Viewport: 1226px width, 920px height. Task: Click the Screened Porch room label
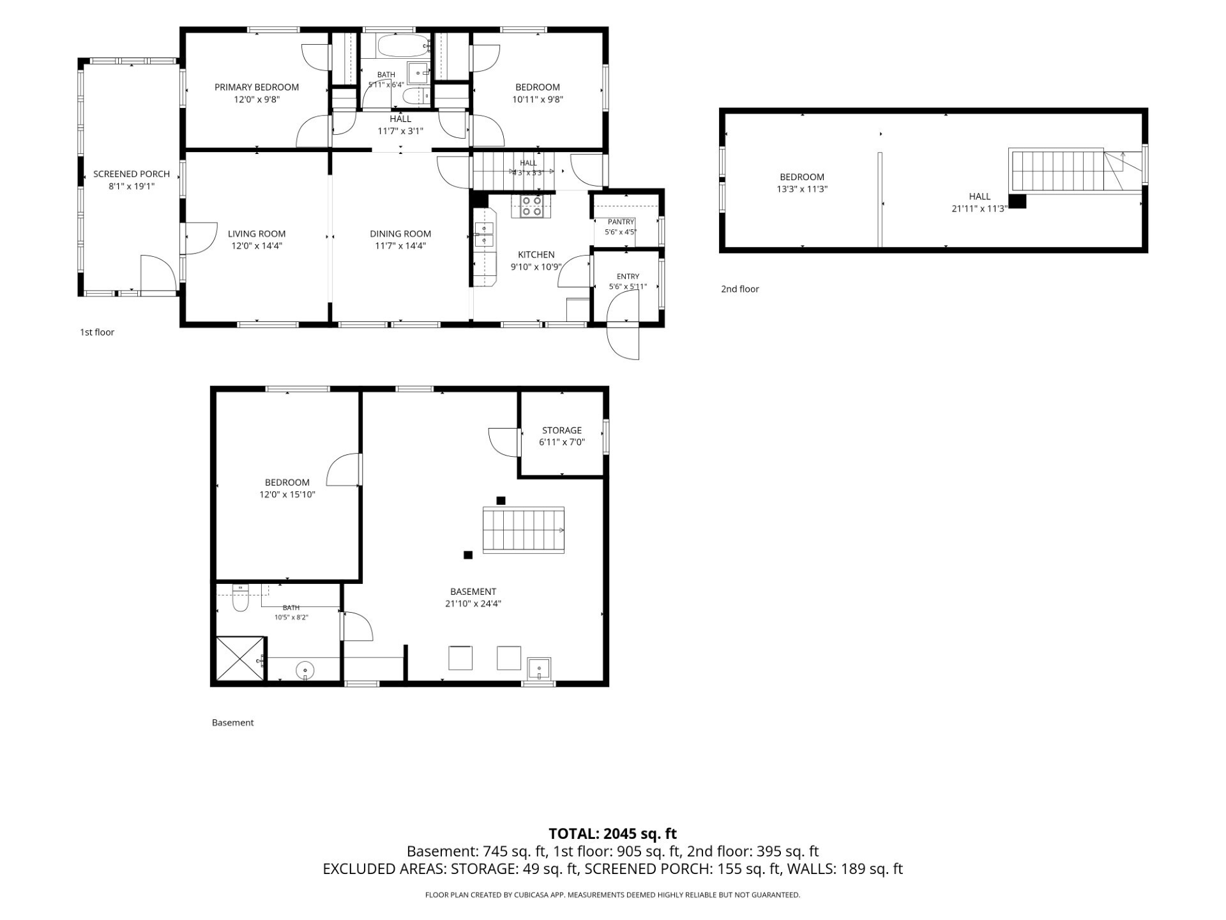click(x=132, y=174)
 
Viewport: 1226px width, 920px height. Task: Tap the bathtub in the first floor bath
click(x=403, y=46)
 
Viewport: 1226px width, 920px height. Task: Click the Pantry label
click(x=621, y=222)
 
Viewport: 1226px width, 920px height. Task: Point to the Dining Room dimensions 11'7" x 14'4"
click(x=400, y=246)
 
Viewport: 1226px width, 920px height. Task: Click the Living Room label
click(x=257, y=234)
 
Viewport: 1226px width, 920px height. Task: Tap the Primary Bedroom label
click(x=257, y=87)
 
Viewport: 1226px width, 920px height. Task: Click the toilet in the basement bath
click(x=240, y=599)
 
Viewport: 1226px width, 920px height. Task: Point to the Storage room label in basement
click(x=562, y=431)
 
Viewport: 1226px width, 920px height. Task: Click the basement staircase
click(x=524, y=530)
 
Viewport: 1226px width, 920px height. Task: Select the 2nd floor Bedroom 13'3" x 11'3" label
click(x=802, y=183)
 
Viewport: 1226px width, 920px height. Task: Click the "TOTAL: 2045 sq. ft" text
click(x=613, y=834)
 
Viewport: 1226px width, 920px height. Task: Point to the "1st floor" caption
click(x=97, y=332)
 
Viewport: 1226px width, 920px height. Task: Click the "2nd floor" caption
click(x=740, y=289)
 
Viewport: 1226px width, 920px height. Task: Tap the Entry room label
click(x=628, y=277)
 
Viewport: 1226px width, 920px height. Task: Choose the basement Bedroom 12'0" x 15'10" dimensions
click(x=287, y=494)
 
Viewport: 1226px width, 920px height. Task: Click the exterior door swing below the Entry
click(x=623, y=339)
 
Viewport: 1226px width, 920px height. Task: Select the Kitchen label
click(x=536, y=254)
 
